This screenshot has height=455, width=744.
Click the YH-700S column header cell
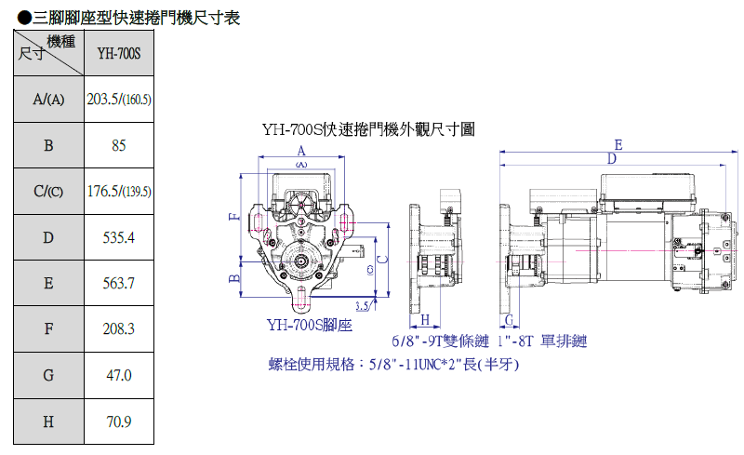(118, 53)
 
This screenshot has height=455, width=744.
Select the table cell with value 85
(118, 145)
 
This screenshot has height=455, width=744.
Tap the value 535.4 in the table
(118, 237)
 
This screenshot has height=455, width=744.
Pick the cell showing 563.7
(118, 284)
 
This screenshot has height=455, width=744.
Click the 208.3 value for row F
(118, 329)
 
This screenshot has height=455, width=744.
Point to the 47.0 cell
(118, 376)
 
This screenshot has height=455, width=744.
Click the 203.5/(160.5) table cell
(118, 100)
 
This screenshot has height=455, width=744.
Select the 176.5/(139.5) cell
(118, 192)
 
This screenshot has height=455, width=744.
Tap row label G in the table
(47, 376)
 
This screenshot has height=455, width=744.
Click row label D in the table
(47, 237)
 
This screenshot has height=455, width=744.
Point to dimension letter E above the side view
(618, 144)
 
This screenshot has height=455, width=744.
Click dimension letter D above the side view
(611, 159)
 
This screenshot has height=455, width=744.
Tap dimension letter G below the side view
(509, 319)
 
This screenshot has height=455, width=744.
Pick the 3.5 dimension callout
(363, 305)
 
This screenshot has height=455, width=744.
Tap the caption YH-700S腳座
(309, 325)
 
